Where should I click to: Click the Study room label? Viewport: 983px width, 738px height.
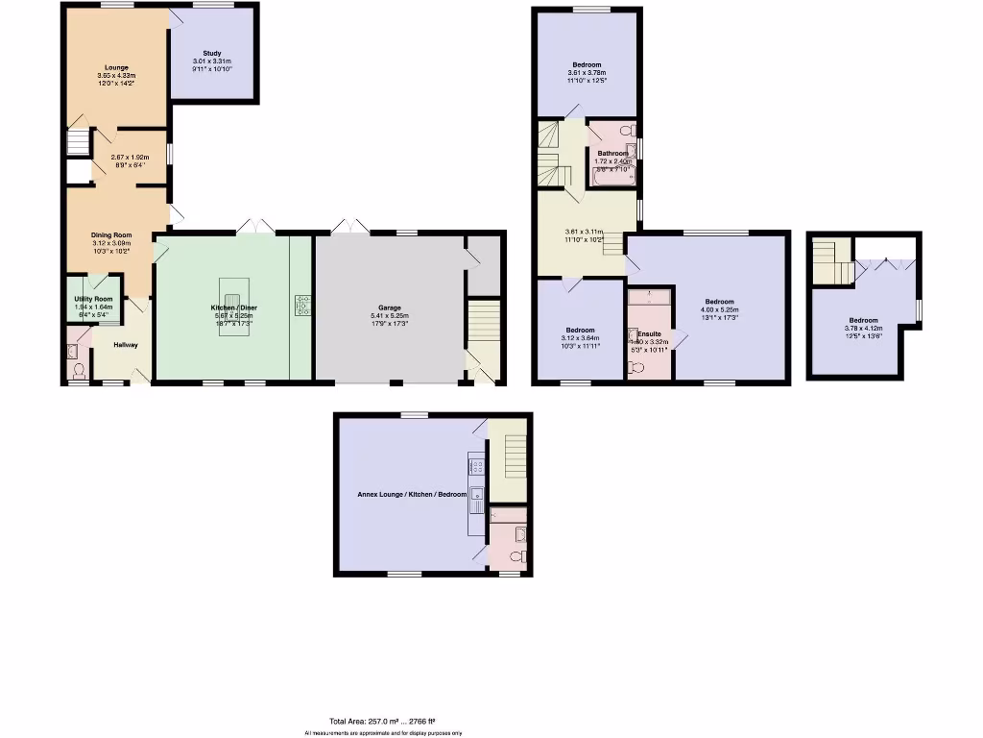coord(212,54)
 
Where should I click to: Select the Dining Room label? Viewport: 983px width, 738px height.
coord(111,235)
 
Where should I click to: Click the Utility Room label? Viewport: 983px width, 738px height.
coord(93,300)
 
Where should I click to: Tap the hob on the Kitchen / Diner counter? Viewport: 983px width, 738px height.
coord(302,305)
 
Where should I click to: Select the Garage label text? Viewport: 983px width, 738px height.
coord(390,307)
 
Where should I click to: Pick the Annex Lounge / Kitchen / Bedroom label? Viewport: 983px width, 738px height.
coord(406,494)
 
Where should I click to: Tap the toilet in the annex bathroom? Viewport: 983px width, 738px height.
coord(516,556)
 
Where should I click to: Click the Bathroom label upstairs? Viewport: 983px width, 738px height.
coord(612,154)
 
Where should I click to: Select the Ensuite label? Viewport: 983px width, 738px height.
coord(648,333)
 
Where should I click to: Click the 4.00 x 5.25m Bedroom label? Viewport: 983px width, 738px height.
coord(718,302)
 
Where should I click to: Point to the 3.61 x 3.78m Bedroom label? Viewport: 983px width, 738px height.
coord(587,64)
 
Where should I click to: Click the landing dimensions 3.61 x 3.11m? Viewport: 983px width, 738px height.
coord(584,232)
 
